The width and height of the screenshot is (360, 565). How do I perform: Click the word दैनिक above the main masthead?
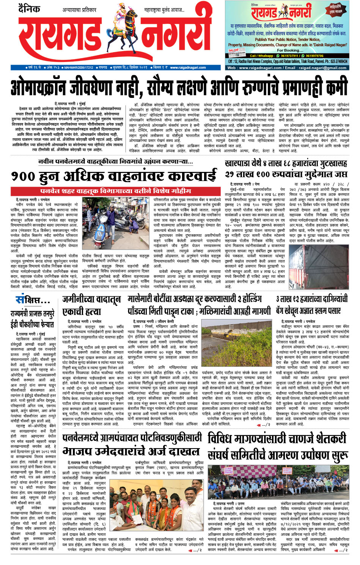coord(29,8)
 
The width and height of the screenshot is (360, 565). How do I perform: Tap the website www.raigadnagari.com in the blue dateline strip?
coord(188,68)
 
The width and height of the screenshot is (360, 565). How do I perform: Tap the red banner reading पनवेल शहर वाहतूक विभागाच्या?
coord(115,190)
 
